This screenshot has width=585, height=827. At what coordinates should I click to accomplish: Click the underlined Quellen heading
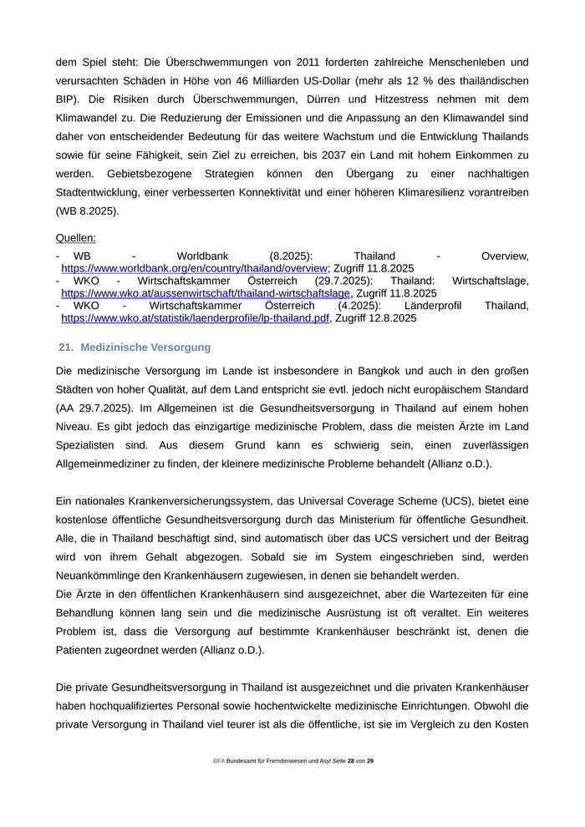[76, 238]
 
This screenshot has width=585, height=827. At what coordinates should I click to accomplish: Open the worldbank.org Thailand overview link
[194, 268]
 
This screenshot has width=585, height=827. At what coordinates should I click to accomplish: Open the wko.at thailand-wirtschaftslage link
[206, 293]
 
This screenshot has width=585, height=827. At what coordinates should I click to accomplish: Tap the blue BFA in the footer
[219, 761]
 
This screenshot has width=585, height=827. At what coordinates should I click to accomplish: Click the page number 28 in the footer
[351, 761]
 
